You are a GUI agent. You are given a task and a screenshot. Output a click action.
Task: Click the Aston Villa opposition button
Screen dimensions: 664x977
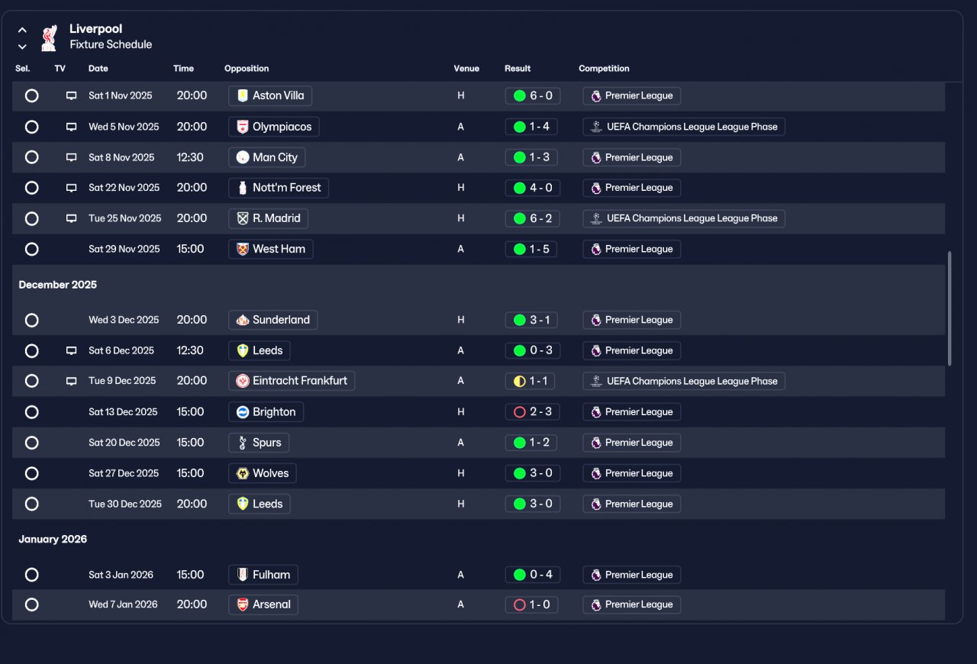[270, 96]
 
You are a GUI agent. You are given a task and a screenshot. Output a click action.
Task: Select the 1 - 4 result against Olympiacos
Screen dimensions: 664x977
[532, 127]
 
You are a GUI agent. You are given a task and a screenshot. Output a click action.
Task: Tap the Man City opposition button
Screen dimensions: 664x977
[266, 157]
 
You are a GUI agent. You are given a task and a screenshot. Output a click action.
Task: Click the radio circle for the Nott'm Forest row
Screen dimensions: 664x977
[31, 188]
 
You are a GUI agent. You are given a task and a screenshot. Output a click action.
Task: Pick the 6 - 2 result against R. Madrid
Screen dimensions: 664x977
[532, 218]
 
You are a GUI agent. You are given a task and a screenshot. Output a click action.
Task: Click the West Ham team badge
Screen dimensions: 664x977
[243, 250]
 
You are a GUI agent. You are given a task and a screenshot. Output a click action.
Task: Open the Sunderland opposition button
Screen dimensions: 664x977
[272, 320]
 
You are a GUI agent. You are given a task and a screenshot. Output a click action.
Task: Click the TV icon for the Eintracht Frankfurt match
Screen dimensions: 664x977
[71, 381]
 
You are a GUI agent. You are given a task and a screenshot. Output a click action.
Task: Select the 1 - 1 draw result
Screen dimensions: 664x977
[532, 381]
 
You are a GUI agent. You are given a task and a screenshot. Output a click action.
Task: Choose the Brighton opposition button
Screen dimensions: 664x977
[266, 412]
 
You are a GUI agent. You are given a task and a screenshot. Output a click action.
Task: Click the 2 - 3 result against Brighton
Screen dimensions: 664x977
[532, 412]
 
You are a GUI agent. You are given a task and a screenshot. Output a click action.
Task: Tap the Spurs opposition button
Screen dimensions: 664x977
[259, 443]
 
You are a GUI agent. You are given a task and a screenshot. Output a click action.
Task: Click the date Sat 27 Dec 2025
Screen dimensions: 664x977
[124, 473]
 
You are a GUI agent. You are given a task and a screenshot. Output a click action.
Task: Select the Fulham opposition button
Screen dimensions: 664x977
[263, 575]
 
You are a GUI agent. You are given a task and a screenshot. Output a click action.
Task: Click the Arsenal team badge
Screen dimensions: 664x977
[243, 605]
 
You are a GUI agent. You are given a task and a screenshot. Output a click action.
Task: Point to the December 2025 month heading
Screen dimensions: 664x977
[58, 285]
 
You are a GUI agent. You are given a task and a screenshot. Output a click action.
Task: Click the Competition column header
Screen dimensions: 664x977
[604, 69]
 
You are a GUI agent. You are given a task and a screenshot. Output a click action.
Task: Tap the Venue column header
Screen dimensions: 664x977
[466, 69]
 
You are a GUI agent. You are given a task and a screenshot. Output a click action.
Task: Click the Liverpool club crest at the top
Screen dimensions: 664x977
[49, 37]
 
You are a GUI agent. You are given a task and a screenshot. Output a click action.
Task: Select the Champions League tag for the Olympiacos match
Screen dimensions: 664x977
[683, 127]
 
